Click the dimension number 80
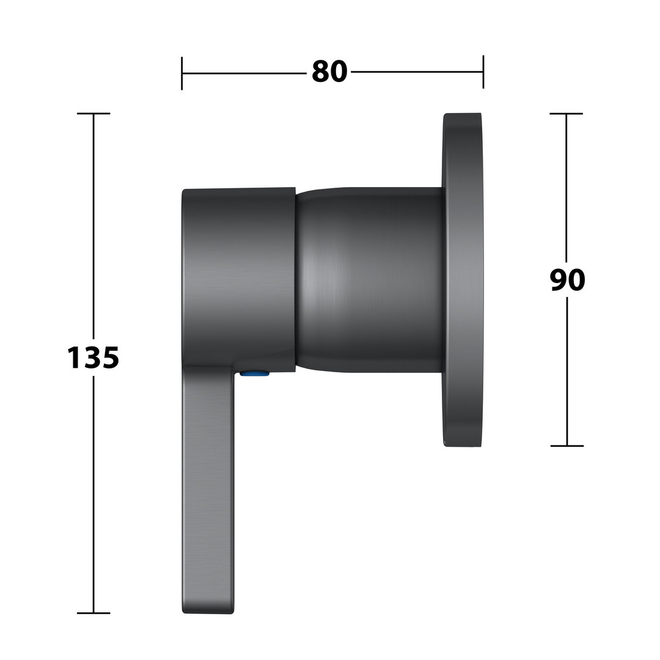[329, 72]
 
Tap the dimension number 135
[93, 358]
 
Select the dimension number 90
[567, 280]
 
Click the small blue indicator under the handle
[255, 373]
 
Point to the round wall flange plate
[462, 279]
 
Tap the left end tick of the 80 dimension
[182, 73]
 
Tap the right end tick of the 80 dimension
[483, 72]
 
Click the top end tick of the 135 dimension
[94, 114]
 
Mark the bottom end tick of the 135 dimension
[94, 614]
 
